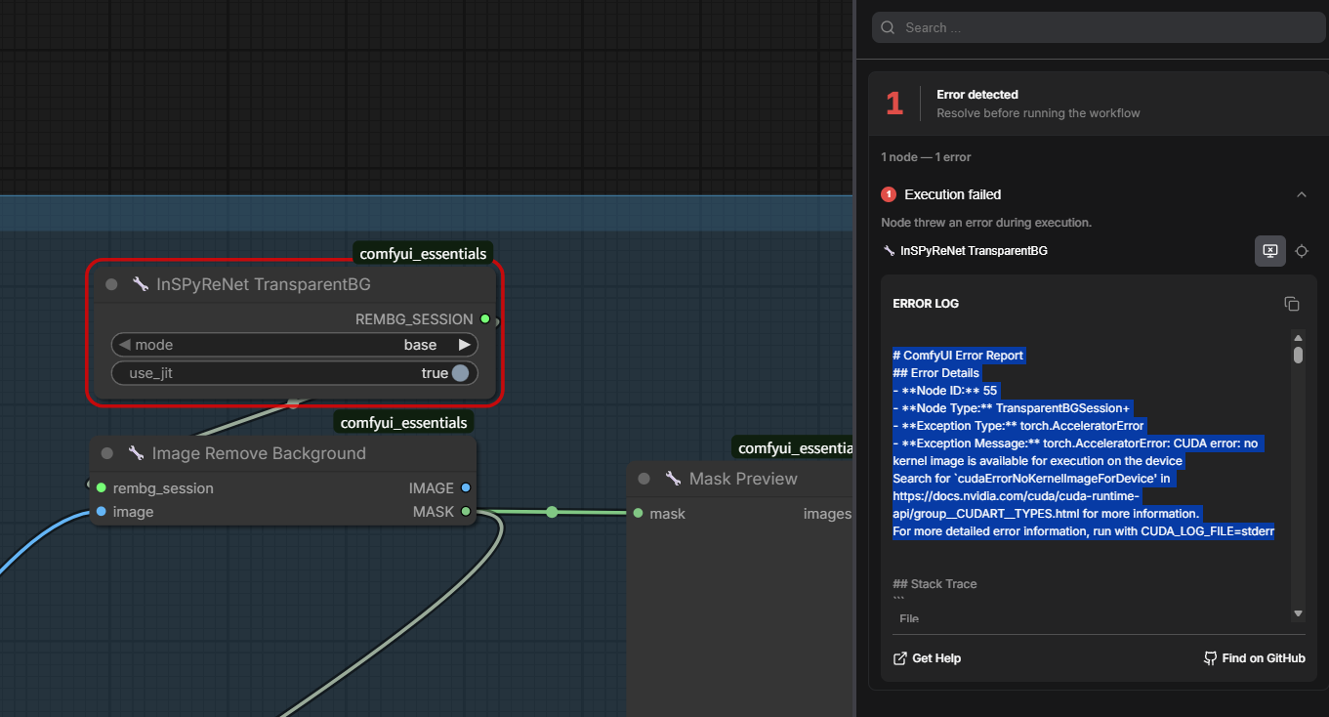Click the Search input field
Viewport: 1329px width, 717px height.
(1098, 27)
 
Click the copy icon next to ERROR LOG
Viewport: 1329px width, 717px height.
(1292, 304)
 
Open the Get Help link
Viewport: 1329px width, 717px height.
(927, 658)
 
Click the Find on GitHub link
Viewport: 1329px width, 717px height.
(1254, 658)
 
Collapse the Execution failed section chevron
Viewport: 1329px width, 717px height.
(1301, 194)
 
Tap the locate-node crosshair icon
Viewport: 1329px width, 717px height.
(1302, 251)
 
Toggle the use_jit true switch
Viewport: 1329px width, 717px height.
(460, 373)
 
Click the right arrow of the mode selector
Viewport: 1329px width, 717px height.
(465, 345)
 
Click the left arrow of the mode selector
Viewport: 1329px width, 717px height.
(125, 345)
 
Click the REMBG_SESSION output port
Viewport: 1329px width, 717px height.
(485, 319)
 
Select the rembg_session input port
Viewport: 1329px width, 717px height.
(102, 487)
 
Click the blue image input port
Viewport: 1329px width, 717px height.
(102, 512)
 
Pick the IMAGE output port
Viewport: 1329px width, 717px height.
(466, 487)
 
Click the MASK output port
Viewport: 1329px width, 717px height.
(466, 512)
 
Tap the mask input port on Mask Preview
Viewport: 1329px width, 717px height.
(639, 514)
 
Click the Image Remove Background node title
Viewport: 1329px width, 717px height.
(259, 453)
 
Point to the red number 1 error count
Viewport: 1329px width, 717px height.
(894, 104)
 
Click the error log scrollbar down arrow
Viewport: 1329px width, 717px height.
(1298, 613)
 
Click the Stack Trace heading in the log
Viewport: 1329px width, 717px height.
(934, 584)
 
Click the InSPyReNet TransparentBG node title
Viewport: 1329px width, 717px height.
(264, 284)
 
